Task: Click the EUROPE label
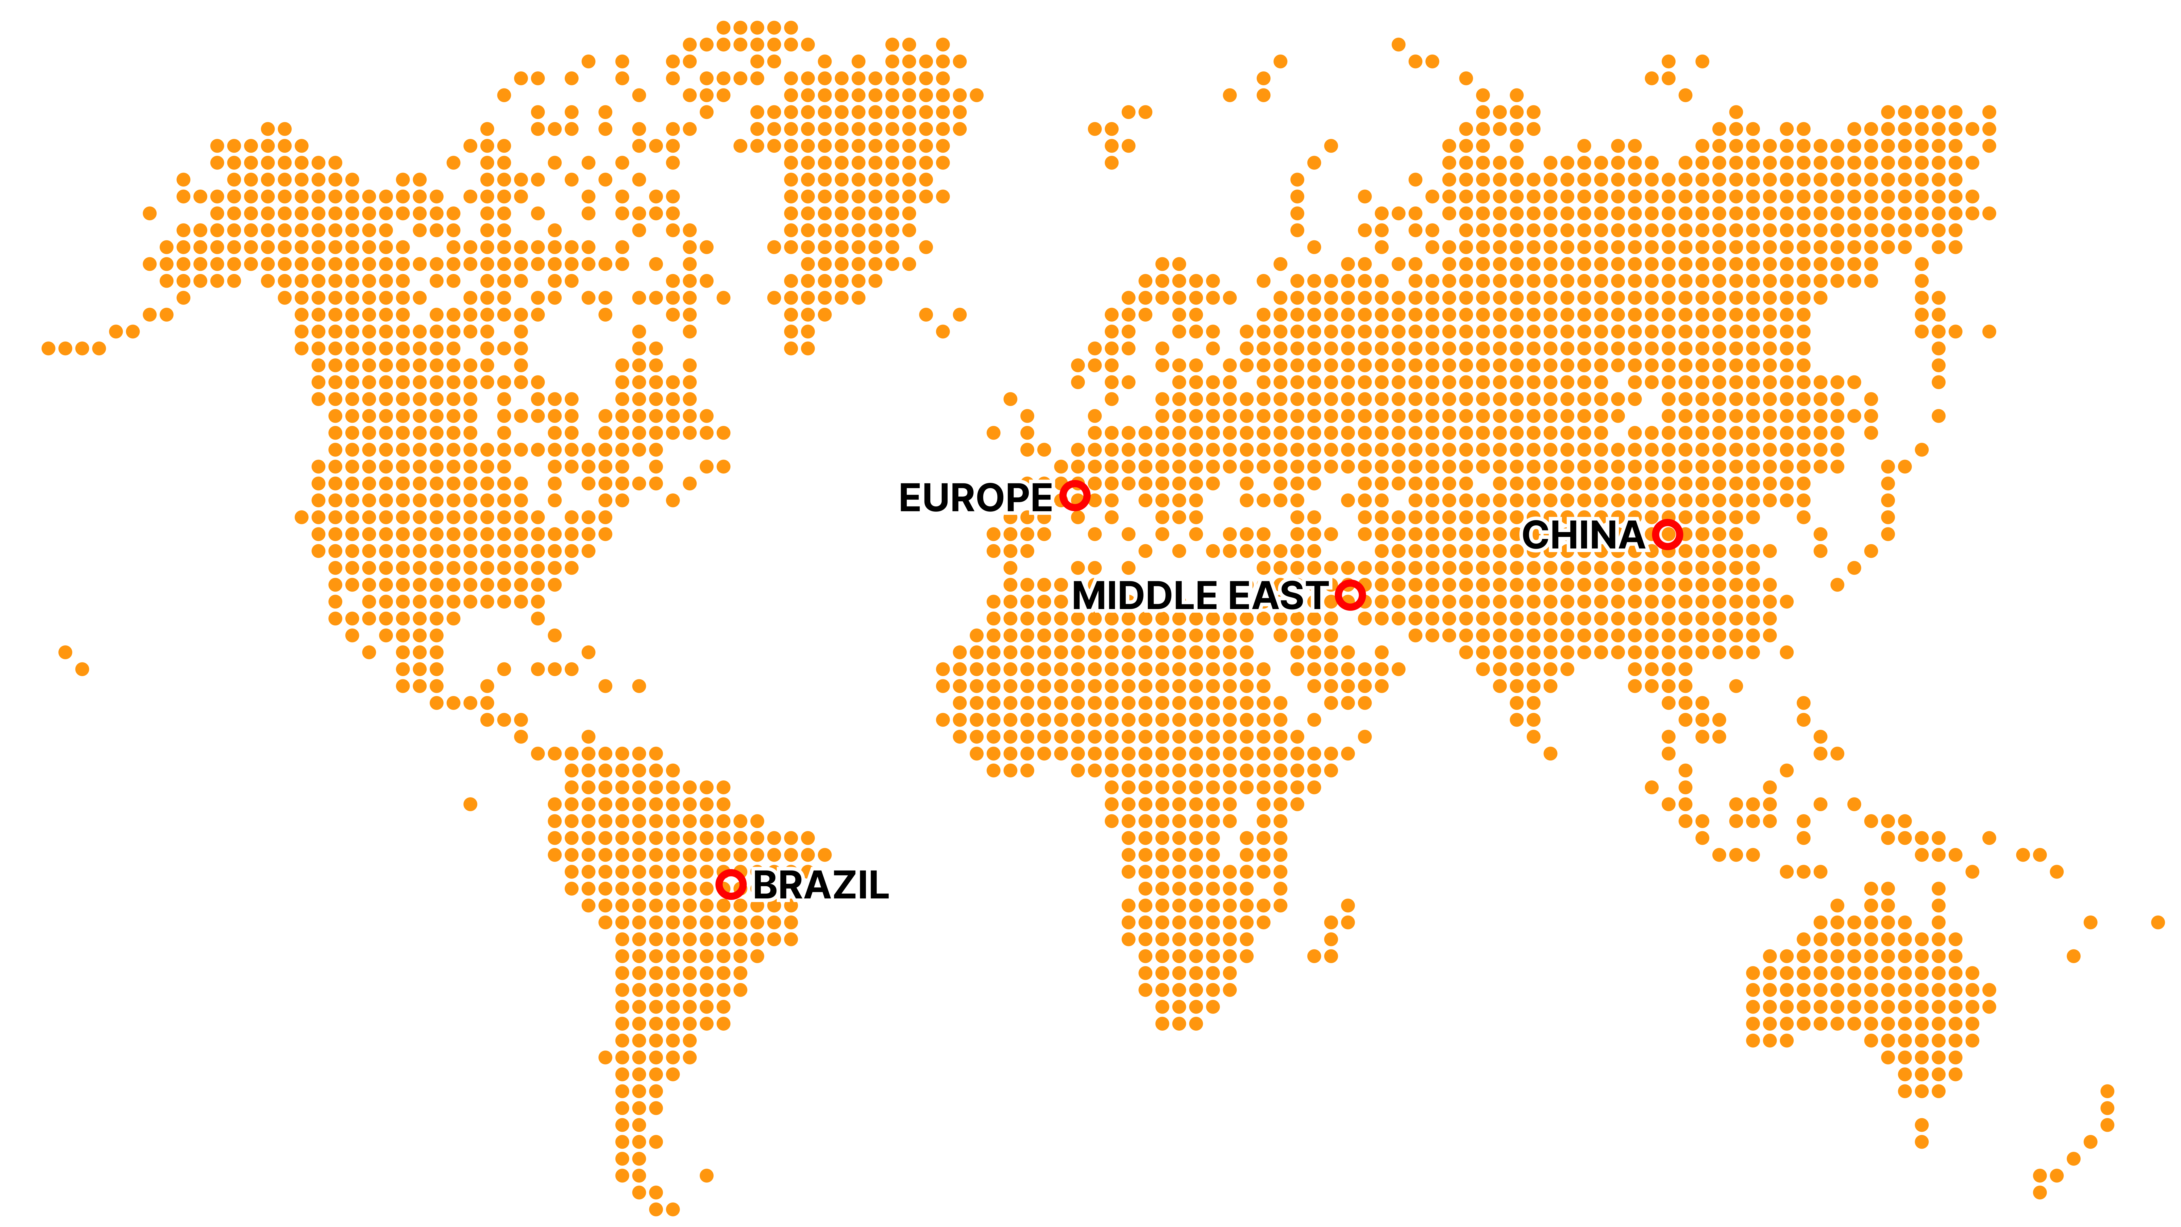[x=975, y=498]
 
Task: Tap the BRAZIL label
[x=820, y=886]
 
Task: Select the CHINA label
[x=1582, y=535]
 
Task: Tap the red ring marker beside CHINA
[x=1668, y=534]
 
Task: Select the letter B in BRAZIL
[x=766, y=886]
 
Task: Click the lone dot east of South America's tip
[x=707, y=1175]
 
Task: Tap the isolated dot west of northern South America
[x=471, y=803]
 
